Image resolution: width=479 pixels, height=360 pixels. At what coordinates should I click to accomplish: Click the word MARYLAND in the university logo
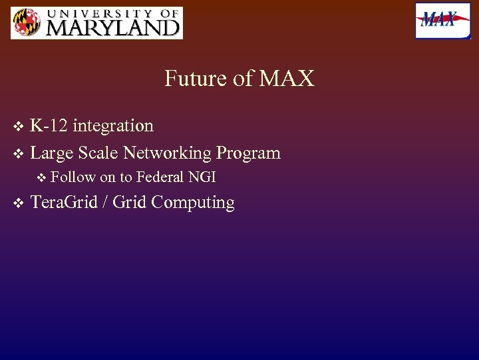click(x=112, y=28)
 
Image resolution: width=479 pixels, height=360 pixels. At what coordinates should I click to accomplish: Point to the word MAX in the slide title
click(x=287, y=79)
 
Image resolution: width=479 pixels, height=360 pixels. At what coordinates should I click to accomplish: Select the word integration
click(x=113, y=126)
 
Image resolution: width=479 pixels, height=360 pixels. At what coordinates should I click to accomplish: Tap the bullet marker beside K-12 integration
click(x=18, y=126)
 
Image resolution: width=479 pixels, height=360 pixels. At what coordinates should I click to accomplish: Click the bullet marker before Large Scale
click(x=18, y=153)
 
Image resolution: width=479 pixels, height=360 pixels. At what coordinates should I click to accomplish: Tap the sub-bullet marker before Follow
click(x=42, y=177)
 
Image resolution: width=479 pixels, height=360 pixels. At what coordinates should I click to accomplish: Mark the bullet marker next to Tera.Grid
click(x=18, y=203)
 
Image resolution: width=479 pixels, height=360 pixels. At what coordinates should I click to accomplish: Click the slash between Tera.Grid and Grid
click(x=105, y=203)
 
